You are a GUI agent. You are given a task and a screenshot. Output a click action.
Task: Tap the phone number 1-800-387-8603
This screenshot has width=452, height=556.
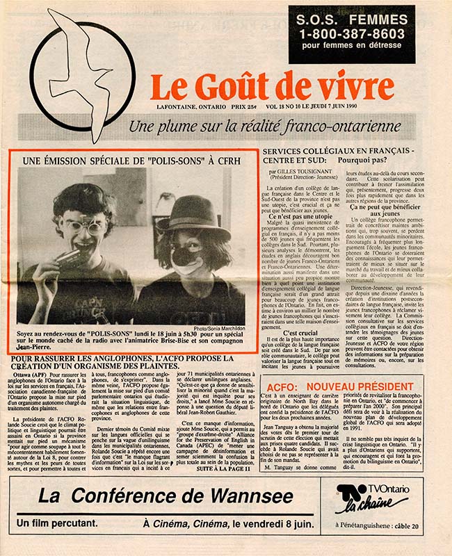click(x=351, y=34)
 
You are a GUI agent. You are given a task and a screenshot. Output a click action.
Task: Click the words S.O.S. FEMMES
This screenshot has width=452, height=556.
click(x=351, y=19)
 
